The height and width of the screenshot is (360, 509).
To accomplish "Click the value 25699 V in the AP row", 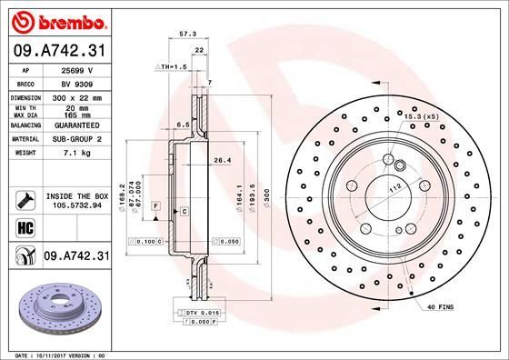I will tap(77, 69).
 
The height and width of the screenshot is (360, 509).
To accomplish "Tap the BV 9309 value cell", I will tap(77, 82).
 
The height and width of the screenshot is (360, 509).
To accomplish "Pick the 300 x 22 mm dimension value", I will tap(77, 95).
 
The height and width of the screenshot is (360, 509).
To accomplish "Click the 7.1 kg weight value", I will tap(77, 153).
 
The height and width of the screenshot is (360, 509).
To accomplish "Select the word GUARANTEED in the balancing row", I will tap(77, 125).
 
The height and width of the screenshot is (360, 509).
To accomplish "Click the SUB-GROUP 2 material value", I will tap(77, 139).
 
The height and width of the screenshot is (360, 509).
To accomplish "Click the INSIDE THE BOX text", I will tap(77, 196).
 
